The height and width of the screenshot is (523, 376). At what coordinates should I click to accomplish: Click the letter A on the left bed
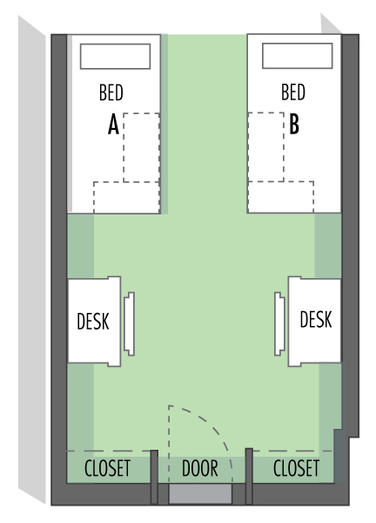pos(113,126)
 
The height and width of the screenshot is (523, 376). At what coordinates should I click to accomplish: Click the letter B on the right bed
pos(294,126)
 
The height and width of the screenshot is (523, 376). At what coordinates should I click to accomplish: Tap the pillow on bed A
pos(115,57)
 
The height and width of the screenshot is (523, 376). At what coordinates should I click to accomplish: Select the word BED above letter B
pos(293,92)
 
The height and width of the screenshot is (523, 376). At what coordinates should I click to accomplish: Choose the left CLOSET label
pos(107,467)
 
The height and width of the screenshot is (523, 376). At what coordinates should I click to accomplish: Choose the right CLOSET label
pos(296,467)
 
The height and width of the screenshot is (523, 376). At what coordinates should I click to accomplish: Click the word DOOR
pos(199,467)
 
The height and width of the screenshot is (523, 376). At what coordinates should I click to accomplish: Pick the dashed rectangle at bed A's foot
pos(126,197)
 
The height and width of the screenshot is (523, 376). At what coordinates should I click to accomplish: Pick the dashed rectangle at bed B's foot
pos(282,197)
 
